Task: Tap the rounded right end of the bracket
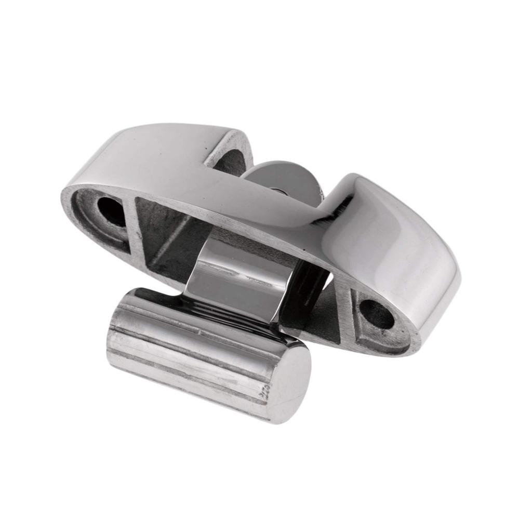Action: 447,291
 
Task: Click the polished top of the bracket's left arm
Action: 145,156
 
